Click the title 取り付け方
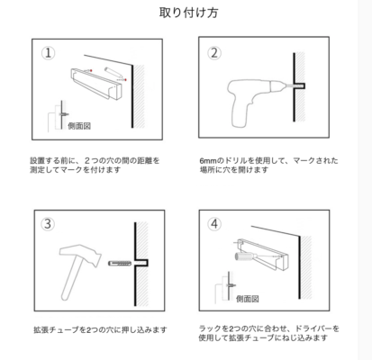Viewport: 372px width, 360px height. click(188, 13)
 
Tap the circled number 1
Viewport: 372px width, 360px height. click(48, 53)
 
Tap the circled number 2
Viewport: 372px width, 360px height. click(214, 53)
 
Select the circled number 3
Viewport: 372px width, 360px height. click(48, 224)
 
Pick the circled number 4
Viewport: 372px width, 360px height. click(214, 224)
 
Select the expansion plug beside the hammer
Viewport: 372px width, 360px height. click(120, 264)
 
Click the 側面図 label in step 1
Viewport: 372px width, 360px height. click(79, 126)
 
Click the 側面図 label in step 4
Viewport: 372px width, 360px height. click(248, 299)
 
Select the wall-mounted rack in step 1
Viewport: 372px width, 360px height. click(97, 84)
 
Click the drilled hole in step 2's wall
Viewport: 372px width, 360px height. click(300, 86)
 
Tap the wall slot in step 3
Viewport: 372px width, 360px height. click(141, 263)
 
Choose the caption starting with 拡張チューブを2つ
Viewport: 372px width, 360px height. click(100, 330)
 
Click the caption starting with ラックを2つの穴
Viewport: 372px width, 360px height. click(268, 333)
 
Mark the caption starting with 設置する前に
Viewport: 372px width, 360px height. click(95, 165)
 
